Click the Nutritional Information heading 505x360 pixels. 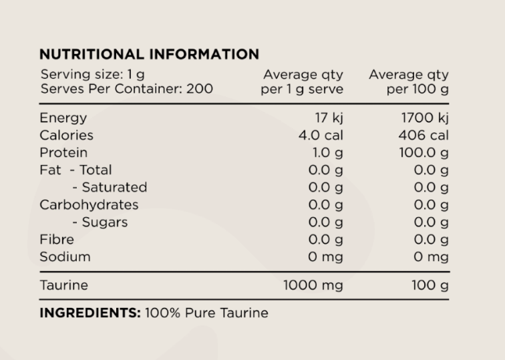point(149,54)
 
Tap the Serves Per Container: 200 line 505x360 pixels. point(126,89)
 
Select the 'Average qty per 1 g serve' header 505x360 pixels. point(303,81)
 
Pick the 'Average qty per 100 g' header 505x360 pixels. point(408,81)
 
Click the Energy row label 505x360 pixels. point(63,118)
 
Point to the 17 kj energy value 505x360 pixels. point(329,118)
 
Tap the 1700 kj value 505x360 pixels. point(425,118)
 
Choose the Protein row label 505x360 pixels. point(63,152)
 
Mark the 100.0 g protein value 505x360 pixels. point(424,152)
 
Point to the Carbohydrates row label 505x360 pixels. point(89,204)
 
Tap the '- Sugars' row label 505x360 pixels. point(100,222)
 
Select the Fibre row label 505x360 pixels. point(57,239)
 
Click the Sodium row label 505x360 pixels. point(65,256)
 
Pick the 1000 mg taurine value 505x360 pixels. point(313,285)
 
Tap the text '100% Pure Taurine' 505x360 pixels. point(206,313)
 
